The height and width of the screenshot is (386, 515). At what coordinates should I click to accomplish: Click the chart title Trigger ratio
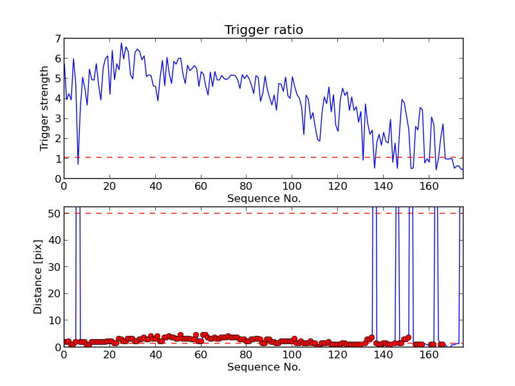pyautogui.click(x=263, y=30)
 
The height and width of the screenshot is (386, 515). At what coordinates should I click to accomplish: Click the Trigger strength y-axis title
pyautogui.click(x=44, y=108)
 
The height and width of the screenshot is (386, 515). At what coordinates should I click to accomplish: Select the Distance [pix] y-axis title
pyautogui.click(x=39, y=277)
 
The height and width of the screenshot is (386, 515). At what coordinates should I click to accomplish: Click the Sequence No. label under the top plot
pyautogui.click(x=263, y=199)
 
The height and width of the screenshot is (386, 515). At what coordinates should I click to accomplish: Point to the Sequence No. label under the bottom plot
pyautogui.click(x=263, y=367)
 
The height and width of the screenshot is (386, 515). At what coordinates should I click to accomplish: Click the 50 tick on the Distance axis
pyautogui.click(x=53, y=213)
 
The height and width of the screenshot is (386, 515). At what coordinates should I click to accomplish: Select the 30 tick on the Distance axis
pyautogui.click(x=53, y=266)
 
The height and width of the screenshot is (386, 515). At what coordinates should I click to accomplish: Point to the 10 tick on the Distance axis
pyautogui.click(x=53, y=320)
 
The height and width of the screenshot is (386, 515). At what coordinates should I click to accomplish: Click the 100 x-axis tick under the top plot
pyautogui.click(x=292, y=187)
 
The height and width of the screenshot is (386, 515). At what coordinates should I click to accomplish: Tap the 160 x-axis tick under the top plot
pyautogui.click(x=429, y=187)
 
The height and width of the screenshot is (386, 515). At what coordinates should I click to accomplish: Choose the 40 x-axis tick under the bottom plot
pyautogui.click(x=155, y=355)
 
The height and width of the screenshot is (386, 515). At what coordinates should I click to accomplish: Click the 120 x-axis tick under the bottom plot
pyautogui.click(x=337, y=355)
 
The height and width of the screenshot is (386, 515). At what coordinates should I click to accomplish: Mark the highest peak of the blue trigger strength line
pyautogui.click(x=121, y=43)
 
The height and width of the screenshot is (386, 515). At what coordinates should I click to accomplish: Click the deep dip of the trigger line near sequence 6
pyautogui.click(x=78, y=164)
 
